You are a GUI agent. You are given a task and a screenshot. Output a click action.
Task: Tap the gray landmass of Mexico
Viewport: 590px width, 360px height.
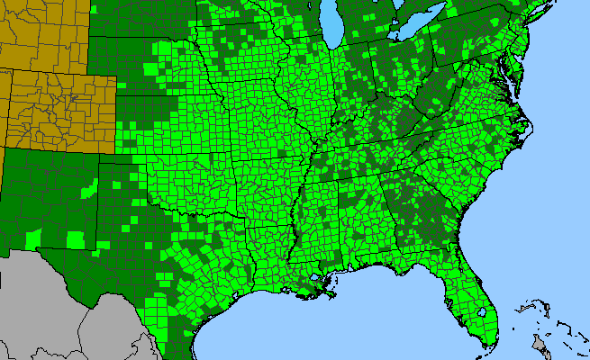coord(54,306)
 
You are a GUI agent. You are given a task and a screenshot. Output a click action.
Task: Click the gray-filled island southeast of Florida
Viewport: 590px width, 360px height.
coord(541,346)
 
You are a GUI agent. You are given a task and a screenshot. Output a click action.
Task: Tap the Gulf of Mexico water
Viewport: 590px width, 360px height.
coord(360,324)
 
